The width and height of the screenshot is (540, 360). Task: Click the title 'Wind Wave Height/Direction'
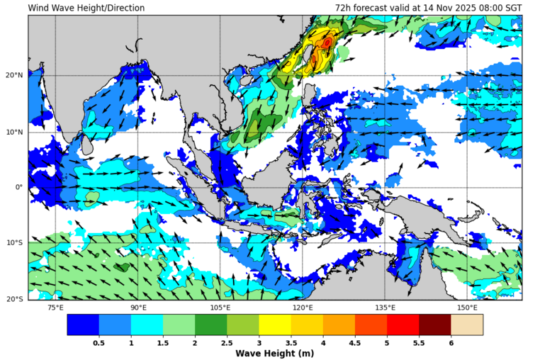(86, 8)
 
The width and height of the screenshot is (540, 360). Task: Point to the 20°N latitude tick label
(14, 75)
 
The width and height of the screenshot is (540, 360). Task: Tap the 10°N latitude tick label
(14, 132)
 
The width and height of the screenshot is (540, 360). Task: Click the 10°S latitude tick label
(15, 243)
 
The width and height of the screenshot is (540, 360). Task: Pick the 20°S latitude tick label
(15, 299)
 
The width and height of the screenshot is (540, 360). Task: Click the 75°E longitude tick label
(55, 308)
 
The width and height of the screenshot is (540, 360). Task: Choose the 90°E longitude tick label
(138, 308)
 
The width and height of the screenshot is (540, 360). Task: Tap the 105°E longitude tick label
(220, 308)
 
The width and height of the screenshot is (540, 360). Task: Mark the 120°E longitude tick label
(303, 308)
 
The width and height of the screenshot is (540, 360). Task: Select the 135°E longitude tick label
(385, 308)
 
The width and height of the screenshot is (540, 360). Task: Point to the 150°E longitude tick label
(467, 308)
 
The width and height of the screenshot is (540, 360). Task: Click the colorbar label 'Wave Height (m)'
(275, 354)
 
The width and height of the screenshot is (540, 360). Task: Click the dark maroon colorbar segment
(434, 325)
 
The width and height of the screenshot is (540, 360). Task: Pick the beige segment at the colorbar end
(466, 325)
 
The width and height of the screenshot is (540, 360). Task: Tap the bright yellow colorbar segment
(275, 325)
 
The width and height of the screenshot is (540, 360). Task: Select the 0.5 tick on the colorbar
(99, 342)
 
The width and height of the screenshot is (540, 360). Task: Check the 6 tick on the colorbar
(451, 342)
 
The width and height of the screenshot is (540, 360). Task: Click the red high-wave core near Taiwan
(327, 43)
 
